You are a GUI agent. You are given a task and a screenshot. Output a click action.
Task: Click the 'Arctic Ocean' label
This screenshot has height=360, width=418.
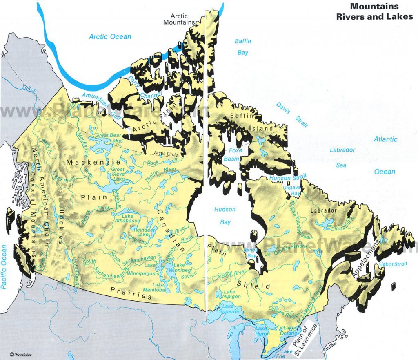pyautogui.click(x=110, y=37)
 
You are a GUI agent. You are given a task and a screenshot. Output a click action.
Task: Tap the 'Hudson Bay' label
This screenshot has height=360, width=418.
pyautogui.click(x=225, y=216)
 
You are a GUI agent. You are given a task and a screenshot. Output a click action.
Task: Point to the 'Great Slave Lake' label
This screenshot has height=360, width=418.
pyautogui.click(x=118, y=174)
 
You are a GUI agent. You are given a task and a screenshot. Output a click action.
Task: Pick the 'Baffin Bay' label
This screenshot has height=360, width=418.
pyautogui.click(x=243, y=47)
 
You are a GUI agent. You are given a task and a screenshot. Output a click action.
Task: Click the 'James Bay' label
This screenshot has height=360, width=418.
pyautogui.click(x=250, y=253)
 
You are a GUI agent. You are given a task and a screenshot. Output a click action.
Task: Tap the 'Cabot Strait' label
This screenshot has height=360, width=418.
pyautogui.click(x=393, y=264)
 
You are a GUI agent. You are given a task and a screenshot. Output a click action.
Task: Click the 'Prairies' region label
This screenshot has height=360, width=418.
pyautogui.click(x=131, y=292)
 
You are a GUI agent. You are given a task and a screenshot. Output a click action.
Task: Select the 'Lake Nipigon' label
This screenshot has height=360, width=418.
pyautogui.click(x=229, y=295)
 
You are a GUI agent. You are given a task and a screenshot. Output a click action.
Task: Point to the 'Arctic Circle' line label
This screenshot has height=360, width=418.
pyautogui.click(x=166, y=154)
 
